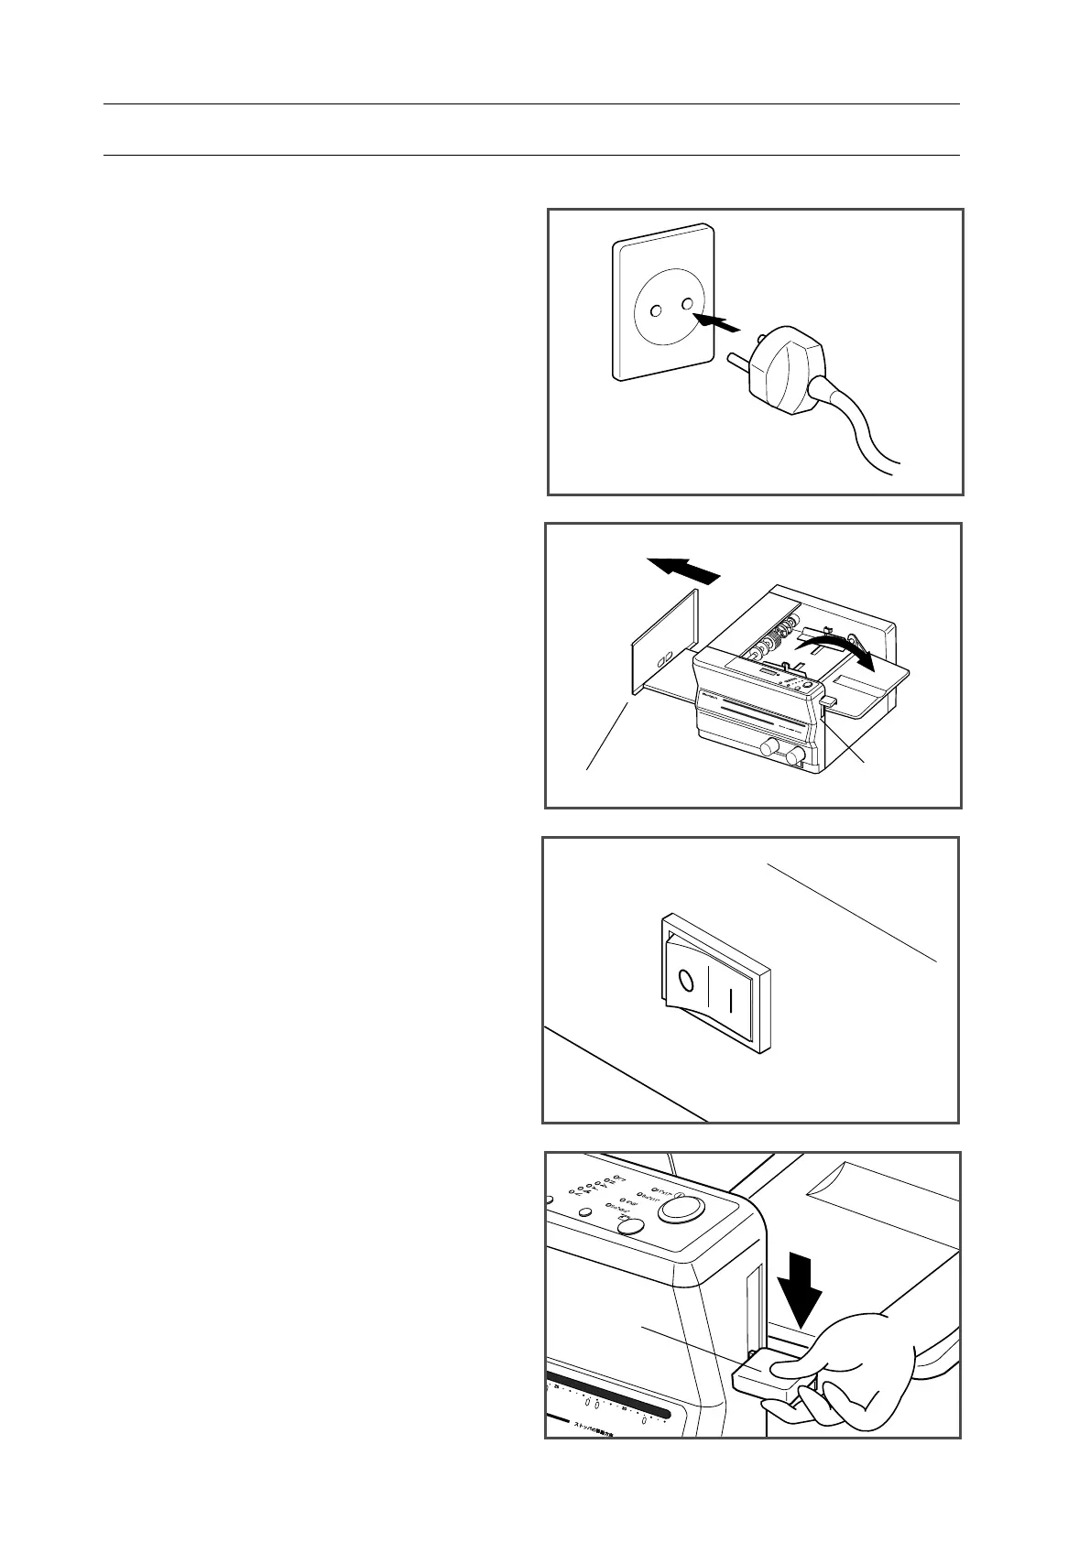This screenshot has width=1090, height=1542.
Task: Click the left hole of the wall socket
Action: click(x=656, y=312)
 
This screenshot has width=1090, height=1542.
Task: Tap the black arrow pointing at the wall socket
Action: click(x=714, y=323)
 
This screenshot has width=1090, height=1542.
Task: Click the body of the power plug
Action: click(x=788, y=371)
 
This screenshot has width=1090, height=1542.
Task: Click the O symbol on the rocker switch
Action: click(x=684, y=983)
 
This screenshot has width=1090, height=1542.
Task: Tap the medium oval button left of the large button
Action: click(x=628, y=1227)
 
